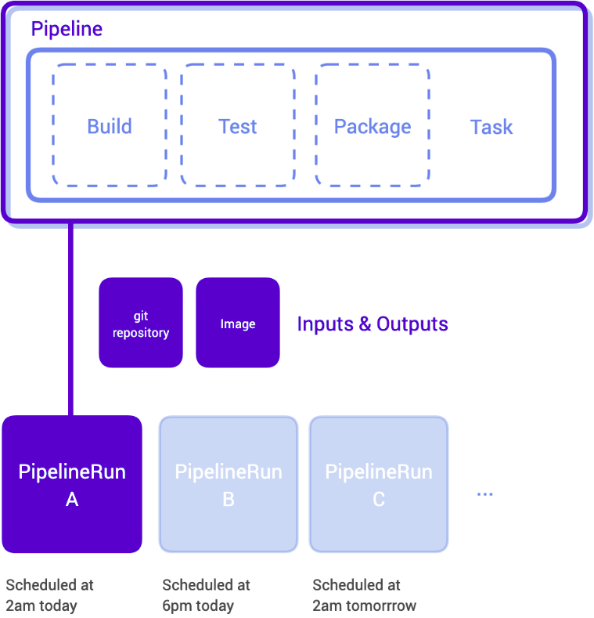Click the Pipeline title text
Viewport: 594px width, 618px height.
point(67,30)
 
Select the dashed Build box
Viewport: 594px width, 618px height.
point(110,126)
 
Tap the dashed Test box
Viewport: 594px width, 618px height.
point(238,126)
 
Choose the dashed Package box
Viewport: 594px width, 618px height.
point(373,126)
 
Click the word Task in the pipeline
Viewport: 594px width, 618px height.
point(491,127)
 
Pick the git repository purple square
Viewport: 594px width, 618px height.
point(141,323)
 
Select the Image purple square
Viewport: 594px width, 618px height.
point(238,323)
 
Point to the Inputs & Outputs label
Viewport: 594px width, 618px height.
point(373,323)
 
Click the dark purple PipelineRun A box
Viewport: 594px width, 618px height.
point(72,484)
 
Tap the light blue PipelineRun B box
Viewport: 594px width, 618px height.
point(229,484)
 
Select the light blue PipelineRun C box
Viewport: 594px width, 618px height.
point(379,484)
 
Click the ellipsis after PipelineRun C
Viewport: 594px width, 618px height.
point(485,494)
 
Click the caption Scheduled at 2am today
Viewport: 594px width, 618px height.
point(49,595)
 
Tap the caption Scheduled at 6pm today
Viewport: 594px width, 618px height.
point(206,595)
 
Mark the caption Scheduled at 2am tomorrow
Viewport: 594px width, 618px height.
point(365,595)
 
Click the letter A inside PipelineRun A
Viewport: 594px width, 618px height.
point(72,499)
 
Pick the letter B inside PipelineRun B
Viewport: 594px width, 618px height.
point(229,499)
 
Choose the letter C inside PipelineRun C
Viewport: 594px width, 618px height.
point(379,499)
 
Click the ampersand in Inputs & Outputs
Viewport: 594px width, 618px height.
point(365,324)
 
